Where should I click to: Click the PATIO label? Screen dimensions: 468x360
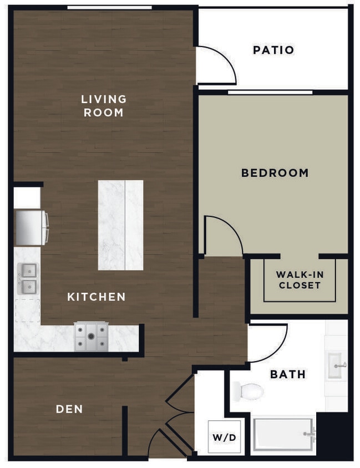(x=273, y=50)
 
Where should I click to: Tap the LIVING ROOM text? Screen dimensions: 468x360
(x=104, y=105)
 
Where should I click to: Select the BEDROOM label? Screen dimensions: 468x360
(x=275, y=173)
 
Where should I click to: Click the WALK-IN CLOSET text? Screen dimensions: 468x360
(x=300, y=280)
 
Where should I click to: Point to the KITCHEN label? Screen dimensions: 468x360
(x=96, y=297)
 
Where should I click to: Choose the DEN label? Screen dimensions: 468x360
(x=69, y=409)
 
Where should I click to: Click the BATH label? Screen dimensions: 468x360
(x=287, y=374)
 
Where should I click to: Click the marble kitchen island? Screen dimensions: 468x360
(x=120, y=225)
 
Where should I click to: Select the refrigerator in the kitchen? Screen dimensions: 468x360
(x=31, y=227)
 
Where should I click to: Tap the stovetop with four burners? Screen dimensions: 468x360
(x=92, y=337)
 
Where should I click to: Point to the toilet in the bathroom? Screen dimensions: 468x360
(x=247, y=391)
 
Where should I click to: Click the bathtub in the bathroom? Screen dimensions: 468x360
(x=283, y=434)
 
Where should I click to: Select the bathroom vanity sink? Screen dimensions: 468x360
(x=336, y=365)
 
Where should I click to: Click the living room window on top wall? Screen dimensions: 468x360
(x=109, y=7)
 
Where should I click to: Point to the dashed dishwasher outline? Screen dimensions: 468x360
(x=27, y=311)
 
